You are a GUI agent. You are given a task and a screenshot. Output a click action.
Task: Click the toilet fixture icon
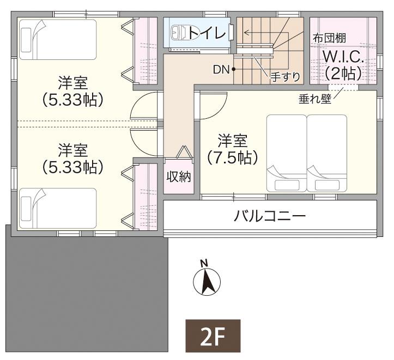click(179, 33)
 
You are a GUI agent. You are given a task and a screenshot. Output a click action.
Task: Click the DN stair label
click(221, 69)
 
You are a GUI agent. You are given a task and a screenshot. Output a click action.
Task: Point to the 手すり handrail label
click(286, 77)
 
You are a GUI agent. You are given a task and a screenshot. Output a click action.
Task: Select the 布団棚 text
click(330, 39)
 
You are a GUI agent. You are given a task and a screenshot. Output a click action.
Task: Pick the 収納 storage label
click(178, 177)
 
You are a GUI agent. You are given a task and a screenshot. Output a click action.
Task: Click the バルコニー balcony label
click(270, 216)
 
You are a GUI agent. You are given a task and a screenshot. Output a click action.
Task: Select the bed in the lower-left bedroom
click(58, 208)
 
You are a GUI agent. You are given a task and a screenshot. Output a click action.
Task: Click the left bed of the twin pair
click(286, 152)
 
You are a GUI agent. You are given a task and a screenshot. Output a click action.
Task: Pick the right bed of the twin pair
click(327, 152)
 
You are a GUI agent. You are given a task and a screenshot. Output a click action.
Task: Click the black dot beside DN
click(233, 69)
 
